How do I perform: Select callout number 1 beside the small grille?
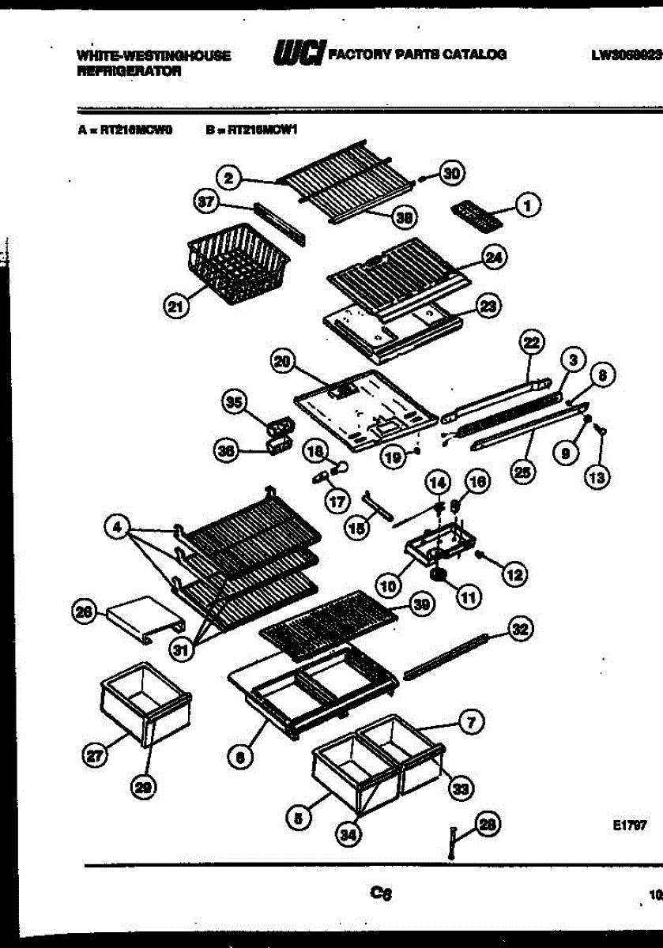(x=527, y=205)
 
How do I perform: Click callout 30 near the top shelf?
(x=453, y=175)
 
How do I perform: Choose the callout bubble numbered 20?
(x=281, y=363)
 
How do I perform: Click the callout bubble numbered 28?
(x=488, y=826)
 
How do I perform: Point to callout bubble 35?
(x=233, y=404)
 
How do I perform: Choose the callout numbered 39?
(x=422, y=605)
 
